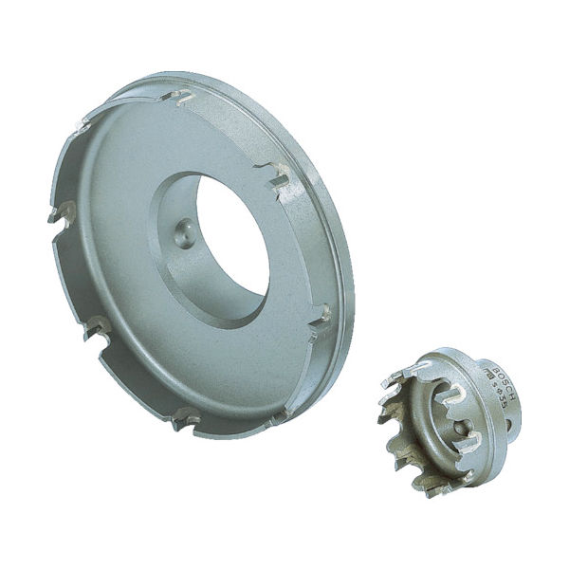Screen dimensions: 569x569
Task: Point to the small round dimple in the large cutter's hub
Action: point(184,231)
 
